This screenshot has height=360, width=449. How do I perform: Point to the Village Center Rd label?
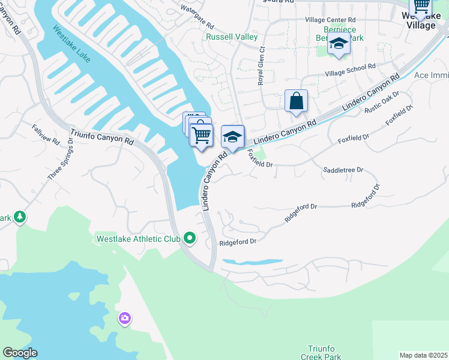tap(331, 20)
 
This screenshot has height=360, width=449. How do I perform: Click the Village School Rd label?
tap(350, 70)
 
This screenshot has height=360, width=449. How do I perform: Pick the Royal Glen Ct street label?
tap(261, 67)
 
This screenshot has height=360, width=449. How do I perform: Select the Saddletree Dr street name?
tap(343, 170)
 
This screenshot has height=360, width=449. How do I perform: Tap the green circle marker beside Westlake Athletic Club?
tap(190, 239)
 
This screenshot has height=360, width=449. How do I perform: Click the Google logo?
tap(19, 353)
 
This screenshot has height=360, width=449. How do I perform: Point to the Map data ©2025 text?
tap(423, 355)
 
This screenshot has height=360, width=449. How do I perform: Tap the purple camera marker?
tap(125, 318)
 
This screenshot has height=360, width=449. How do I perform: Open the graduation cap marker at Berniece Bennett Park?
tap(339, 44)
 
